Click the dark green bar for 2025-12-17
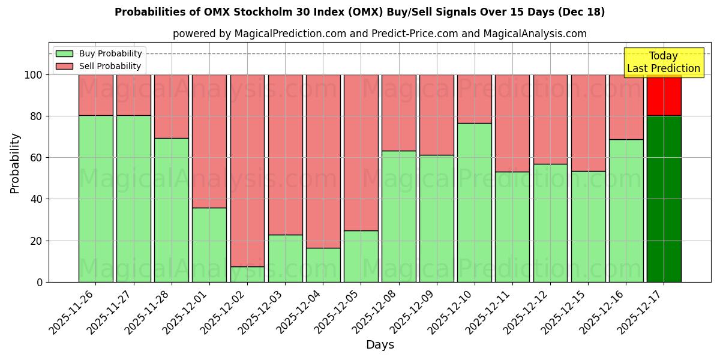(664, 199)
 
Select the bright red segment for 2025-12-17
(664, 95)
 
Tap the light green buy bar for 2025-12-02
(247, 274)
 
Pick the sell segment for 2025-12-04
(323, 161)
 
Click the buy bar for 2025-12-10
(475, 202)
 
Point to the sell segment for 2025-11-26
(96, 95)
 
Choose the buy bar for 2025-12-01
(209, 245)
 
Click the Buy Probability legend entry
(99, 53)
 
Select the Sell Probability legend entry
(99, 66)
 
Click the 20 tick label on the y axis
(36, 241)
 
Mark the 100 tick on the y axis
(33, 75)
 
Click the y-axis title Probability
(15, 163)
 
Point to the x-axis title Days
(380, 345)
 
